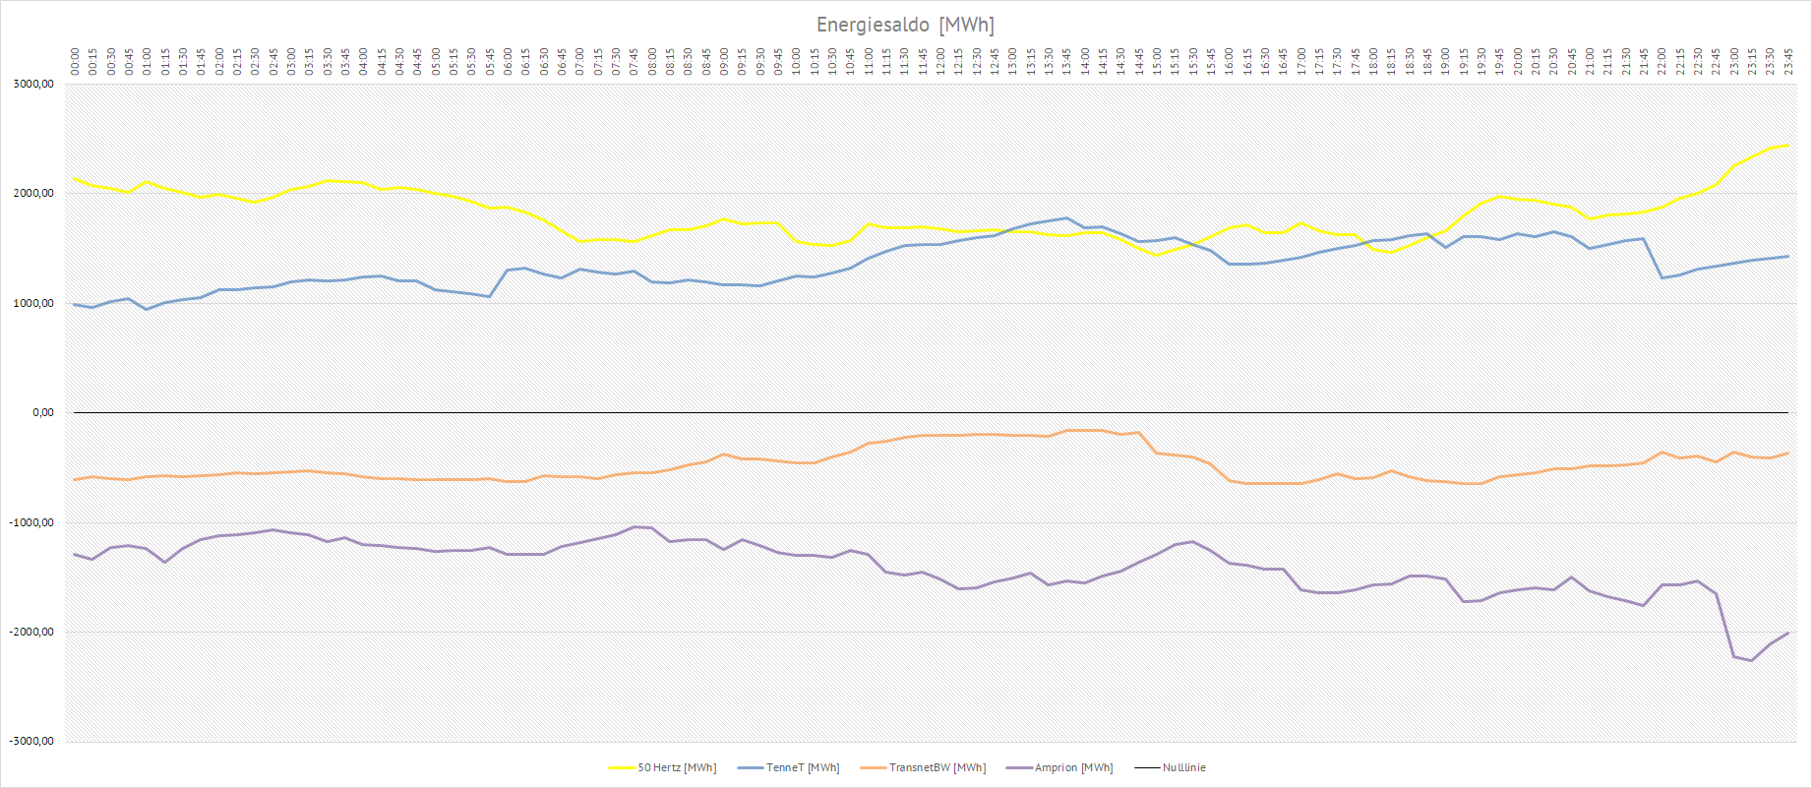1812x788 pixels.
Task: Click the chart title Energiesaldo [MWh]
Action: tap(905, 25)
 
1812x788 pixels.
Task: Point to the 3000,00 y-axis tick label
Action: tap(33, 85)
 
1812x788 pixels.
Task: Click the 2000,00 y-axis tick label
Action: tap(33, 194)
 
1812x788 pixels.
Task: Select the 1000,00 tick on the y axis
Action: tap(33, 303)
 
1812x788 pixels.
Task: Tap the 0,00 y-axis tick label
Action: tap(42, 413)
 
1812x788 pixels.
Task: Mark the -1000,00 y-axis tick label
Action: tap(31, 522)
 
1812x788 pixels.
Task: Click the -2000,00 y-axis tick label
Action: tap(31, 633)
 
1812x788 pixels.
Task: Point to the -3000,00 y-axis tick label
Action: tap(31, 742)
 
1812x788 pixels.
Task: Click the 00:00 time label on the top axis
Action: tap(75, 61)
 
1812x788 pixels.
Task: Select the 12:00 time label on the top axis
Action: tap(940, 61)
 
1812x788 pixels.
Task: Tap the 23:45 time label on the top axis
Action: tap(1788, 61)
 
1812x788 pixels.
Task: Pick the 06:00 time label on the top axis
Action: tap(508, 61)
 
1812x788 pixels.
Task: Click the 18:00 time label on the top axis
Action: tap(1373, 61)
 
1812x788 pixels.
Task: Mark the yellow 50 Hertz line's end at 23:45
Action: tap(1787, 145)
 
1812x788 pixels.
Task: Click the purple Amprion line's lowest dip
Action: tap(1751, 660)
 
